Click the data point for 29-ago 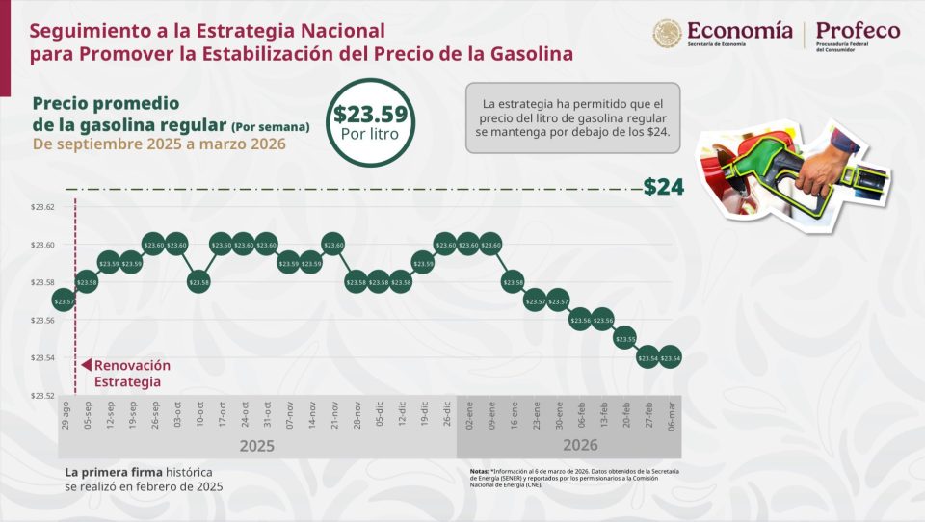point(65,301)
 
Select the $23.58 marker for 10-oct point(198,282)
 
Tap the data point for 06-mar point(670,357)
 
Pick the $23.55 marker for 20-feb point(625,339)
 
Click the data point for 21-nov point(333,245)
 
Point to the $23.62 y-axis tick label point(42,208)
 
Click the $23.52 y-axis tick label point(42,396)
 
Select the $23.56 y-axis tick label point(42,321)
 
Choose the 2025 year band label point(256,446)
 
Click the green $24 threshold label point(663,187)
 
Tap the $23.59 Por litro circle point(370,122)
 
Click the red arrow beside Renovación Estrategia point(86,366)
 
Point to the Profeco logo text point(858,32)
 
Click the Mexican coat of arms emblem point(668,35)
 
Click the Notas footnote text point(568,477)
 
